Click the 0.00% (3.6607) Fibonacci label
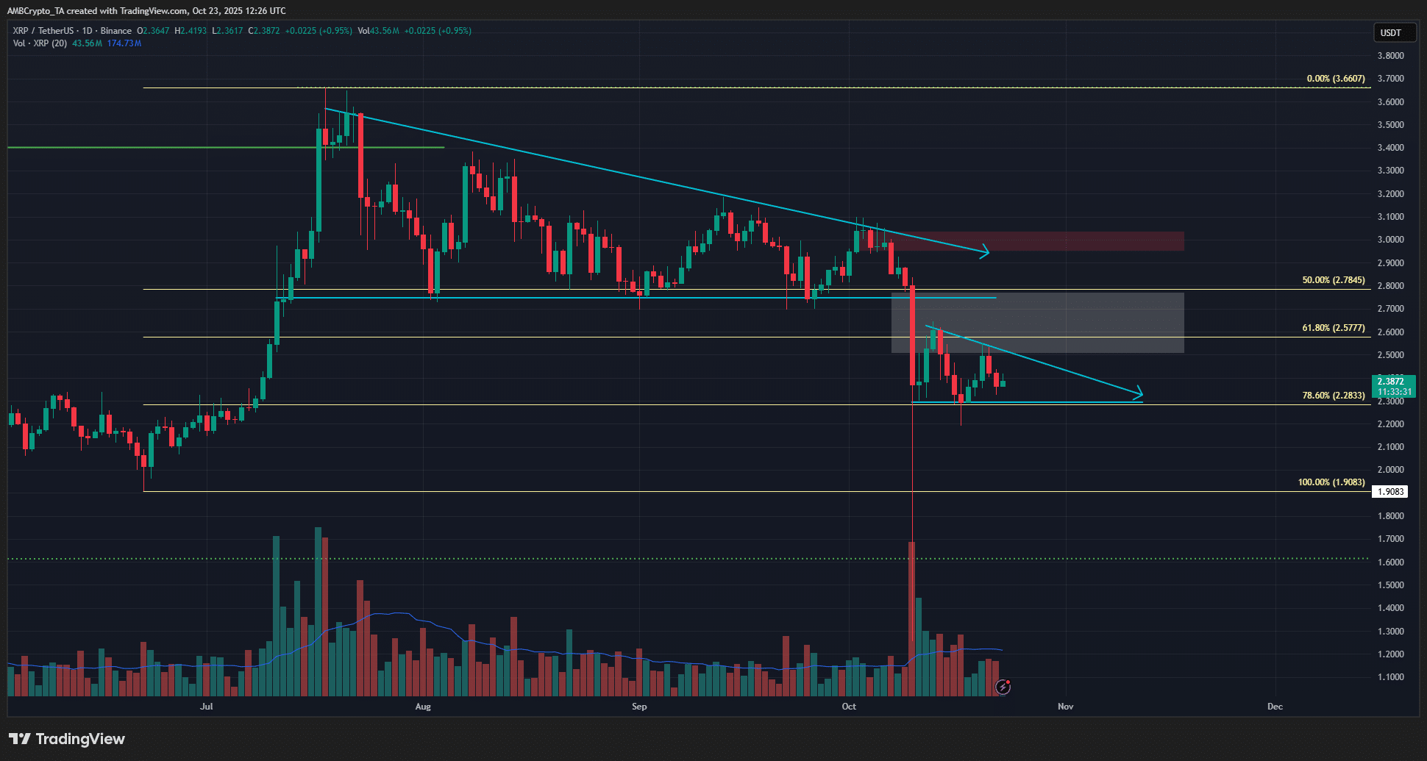click(1335, 79)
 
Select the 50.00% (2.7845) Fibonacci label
click(1333, 280)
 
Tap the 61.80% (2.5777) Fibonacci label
click(1333, 328)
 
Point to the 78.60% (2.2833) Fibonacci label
click(1333, 396)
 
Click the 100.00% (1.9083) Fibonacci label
click(1331, 482)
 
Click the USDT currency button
click(1390, 33)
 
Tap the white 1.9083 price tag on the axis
click(1390, 492)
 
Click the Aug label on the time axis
click(423, 707)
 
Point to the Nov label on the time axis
click(1065, 707)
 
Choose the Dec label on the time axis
click(1275, 707)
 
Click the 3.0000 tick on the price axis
click(1390, 240)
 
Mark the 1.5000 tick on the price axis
click(1390, 585)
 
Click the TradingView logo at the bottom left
click(67, 739)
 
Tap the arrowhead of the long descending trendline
click(986, 253)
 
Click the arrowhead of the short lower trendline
click(1139, 392)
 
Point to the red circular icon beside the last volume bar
click(1003, 687)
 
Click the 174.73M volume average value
click(124, 43)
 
